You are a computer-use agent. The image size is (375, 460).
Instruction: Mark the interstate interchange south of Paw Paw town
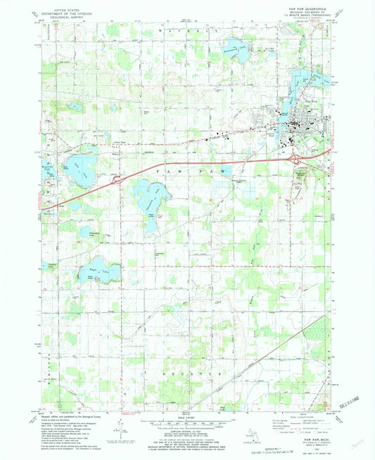click(x=299, y=160)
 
